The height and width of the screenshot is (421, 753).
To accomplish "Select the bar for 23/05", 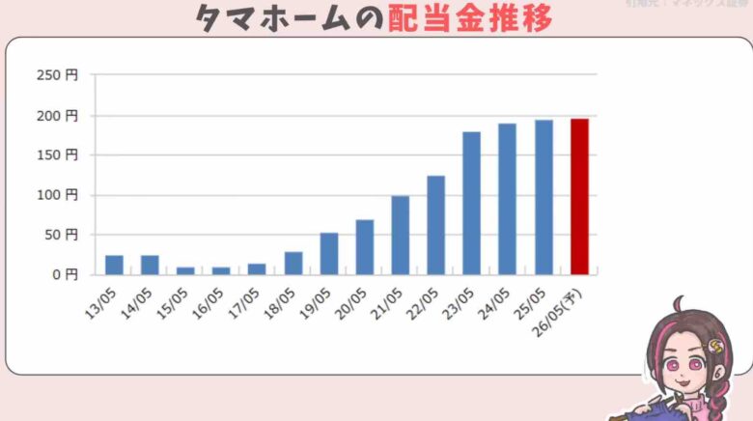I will tap(471, 203).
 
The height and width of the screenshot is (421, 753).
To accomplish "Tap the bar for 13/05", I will tap(114, 265).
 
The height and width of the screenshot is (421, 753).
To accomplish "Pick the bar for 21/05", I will tap(400, 235).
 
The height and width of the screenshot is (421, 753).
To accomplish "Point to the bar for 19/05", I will tap(329, 253).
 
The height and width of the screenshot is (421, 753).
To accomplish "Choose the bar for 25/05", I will tap(544, 197).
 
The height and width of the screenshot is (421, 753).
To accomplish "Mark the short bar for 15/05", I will tap(185, 270).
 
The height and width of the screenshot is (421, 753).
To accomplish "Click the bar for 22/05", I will tap(435, 225).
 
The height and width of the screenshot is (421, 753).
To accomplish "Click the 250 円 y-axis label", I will tap(59, 75).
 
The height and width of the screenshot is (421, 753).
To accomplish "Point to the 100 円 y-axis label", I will tap(59, 195).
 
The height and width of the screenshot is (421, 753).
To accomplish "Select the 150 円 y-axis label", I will tap(59, 154).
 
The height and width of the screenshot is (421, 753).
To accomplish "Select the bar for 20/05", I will tap(364, 247).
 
